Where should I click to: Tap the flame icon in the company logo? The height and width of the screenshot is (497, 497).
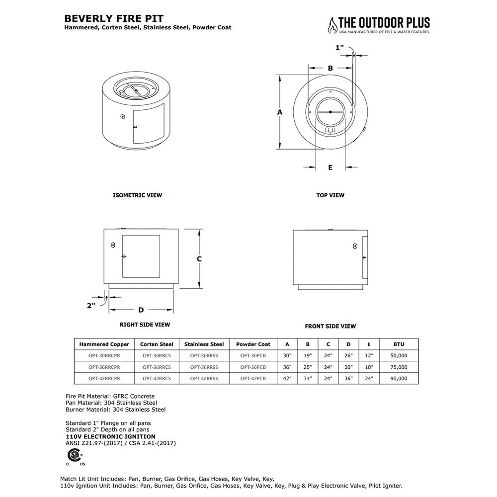[x=331, y=24]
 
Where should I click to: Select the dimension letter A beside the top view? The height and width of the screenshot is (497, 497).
[x=280, y=112]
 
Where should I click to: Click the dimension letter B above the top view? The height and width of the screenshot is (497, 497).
[x=330, y=69]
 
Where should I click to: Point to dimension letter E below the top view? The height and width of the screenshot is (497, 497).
[x=330, y=167]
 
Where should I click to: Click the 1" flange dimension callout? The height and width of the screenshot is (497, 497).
[x=340, y=48]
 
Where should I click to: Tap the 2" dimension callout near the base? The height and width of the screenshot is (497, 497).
[x=91, y=306]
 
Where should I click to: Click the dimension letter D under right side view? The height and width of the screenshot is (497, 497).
[x=141, y=310]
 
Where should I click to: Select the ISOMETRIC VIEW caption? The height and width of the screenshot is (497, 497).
[x=138, y=195]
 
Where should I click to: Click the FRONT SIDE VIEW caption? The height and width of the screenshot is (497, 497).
[x=330, y=327]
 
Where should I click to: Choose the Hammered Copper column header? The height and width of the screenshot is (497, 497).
[x=104, y=344]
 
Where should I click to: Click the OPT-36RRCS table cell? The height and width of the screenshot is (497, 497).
[x=157, y=367]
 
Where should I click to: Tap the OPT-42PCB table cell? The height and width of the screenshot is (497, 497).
[x=253, y=378]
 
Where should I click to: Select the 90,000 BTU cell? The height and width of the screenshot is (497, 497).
[x=398, y=378]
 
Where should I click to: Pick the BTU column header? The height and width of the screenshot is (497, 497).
[x=398, y=344]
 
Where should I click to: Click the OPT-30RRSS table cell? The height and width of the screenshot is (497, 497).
[x=204, y=356]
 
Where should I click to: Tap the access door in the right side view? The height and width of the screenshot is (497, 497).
[x=141, y=256]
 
